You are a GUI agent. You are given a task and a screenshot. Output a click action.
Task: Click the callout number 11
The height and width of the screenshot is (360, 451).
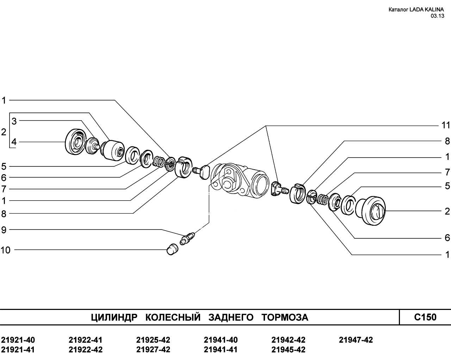point(446,125)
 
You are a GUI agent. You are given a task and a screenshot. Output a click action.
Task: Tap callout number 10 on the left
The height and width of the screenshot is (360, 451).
point(5,250)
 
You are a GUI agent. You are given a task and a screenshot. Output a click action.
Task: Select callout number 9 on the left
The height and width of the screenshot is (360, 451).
point(4,230)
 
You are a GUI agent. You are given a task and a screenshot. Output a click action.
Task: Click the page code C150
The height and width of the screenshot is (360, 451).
point(425,317)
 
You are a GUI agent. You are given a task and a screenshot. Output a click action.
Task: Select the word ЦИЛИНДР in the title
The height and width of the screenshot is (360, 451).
point(114,317)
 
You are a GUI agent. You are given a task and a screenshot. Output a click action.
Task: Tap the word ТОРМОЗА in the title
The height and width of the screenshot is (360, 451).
point(285,317)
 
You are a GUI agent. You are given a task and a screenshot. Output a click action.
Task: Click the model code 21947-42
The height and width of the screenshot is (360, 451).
point(356,340)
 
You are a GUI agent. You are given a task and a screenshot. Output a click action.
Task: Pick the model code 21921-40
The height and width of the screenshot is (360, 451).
point(18,340)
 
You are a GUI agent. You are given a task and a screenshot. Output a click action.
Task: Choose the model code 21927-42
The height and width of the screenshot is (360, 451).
point(153,350)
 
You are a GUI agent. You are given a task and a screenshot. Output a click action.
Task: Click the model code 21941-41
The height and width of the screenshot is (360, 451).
point(221,350)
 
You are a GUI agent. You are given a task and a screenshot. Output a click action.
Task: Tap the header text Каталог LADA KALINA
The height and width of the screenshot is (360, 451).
point(416,10)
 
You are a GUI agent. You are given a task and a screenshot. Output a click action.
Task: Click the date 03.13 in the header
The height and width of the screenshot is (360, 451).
point(437,16)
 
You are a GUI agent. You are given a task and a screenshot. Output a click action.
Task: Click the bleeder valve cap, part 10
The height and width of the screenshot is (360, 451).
point(172,249)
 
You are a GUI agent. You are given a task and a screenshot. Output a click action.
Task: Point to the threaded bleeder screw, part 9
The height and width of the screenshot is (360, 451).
point(187,238)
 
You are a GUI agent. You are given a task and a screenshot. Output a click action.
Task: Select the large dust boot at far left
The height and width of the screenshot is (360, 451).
point(75,142)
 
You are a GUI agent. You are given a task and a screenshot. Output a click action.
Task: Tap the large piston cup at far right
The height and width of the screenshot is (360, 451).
point(370,210)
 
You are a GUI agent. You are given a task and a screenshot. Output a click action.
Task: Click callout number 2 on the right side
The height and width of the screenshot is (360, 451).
point(447,211)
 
